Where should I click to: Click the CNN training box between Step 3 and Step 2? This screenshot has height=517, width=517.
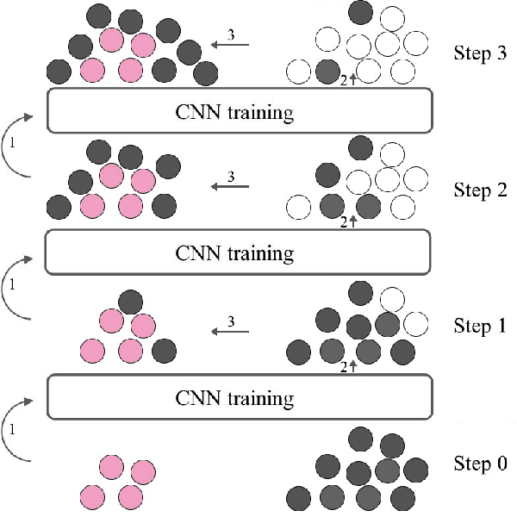(238, 111)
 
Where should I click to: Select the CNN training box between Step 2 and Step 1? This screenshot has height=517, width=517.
(238, 252)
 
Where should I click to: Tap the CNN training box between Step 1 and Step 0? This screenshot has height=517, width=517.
(238, 398)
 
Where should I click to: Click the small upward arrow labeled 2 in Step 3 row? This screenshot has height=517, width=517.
(352, 81)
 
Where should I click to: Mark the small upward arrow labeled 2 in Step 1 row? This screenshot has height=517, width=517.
(352, 367)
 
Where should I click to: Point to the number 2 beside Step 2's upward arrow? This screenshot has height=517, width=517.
(344, 222)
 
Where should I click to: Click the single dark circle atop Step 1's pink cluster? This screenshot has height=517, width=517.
(130, 301)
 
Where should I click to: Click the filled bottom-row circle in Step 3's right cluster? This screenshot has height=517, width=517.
(327, 71)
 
